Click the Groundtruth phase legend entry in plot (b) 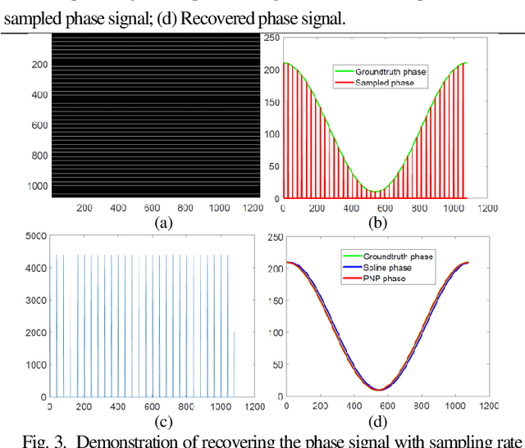click(390, 72)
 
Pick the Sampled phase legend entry click(385, 83)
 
